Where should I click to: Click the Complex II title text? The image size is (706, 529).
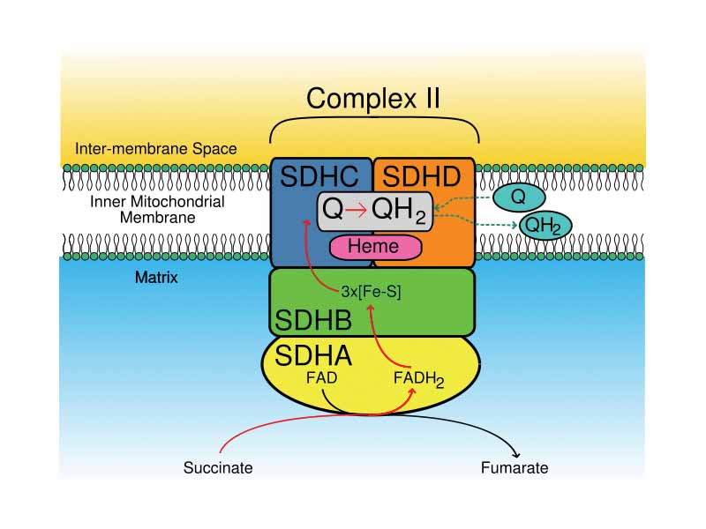pos(373,98)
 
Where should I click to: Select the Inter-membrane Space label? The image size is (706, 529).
pos(155,148)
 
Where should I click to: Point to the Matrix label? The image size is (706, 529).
pos(156,278)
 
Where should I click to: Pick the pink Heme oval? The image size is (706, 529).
pos(373,247)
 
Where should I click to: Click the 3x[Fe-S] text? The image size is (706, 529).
pos(371,292)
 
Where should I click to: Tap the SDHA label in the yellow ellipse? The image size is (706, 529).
pos(313,356)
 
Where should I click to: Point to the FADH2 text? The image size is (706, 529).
pos(418,380)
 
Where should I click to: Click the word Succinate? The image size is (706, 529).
pos(218,468)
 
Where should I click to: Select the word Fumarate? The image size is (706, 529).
pos(514,468)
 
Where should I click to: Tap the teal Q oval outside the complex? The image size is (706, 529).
pos(518,197)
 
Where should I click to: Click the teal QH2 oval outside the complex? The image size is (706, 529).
pos(545,226)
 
